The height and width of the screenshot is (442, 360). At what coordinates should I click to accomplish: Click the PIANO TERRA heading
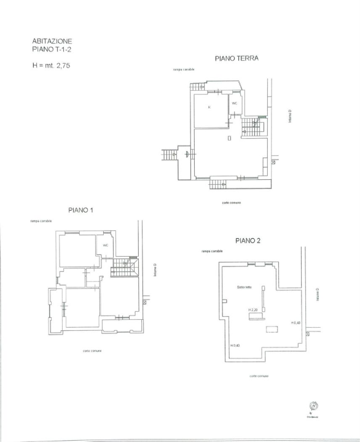pos(237,59)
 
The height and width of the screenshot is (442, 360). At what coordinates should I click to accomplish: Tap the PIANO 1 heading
pos(80,211)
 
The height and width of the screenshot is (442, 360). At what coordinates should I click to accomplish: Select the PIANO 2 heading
pos(248,240)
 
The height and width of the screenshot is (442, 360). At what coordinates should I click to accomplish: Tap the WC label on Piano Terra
pos(235,103)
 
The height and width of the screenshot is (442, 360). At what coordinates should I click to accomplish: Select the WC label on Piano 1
pos(106,245)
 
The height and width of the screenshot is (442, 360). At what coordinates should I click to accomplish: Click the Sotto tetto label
pos(244,287)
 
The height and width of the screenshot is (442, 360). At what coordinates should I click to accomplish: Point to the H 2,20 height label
pos(252,310)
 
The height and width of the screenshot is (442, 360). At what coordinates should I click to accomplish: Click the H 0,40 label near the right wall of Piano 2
pos(295,322)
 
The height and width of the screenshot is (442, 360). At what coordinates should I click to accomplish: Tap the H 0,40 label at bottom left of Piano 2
pos(235,346)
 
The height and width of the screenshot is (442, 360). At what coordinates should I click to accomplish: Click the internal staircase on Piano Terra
pos(252,127)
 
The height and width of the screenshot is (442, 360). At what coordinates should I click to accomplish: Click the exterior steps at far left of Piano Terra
pos(170,154)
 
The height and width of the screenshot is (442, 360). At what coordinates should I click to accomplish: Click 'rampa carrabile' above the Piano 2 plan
pos(212,251)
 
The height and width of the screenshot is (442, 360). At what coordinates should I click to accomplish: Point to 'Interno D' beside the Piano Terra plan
pos(290,116)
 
